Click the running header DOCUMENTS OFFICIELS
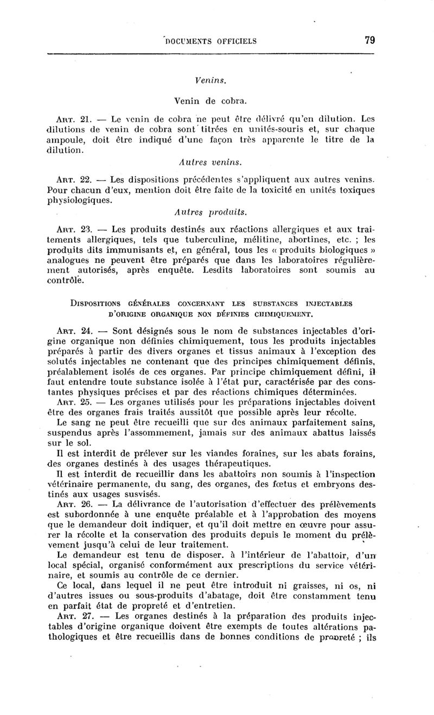210,41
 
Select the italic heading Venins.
210,80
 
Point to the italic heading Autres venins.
210,162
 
